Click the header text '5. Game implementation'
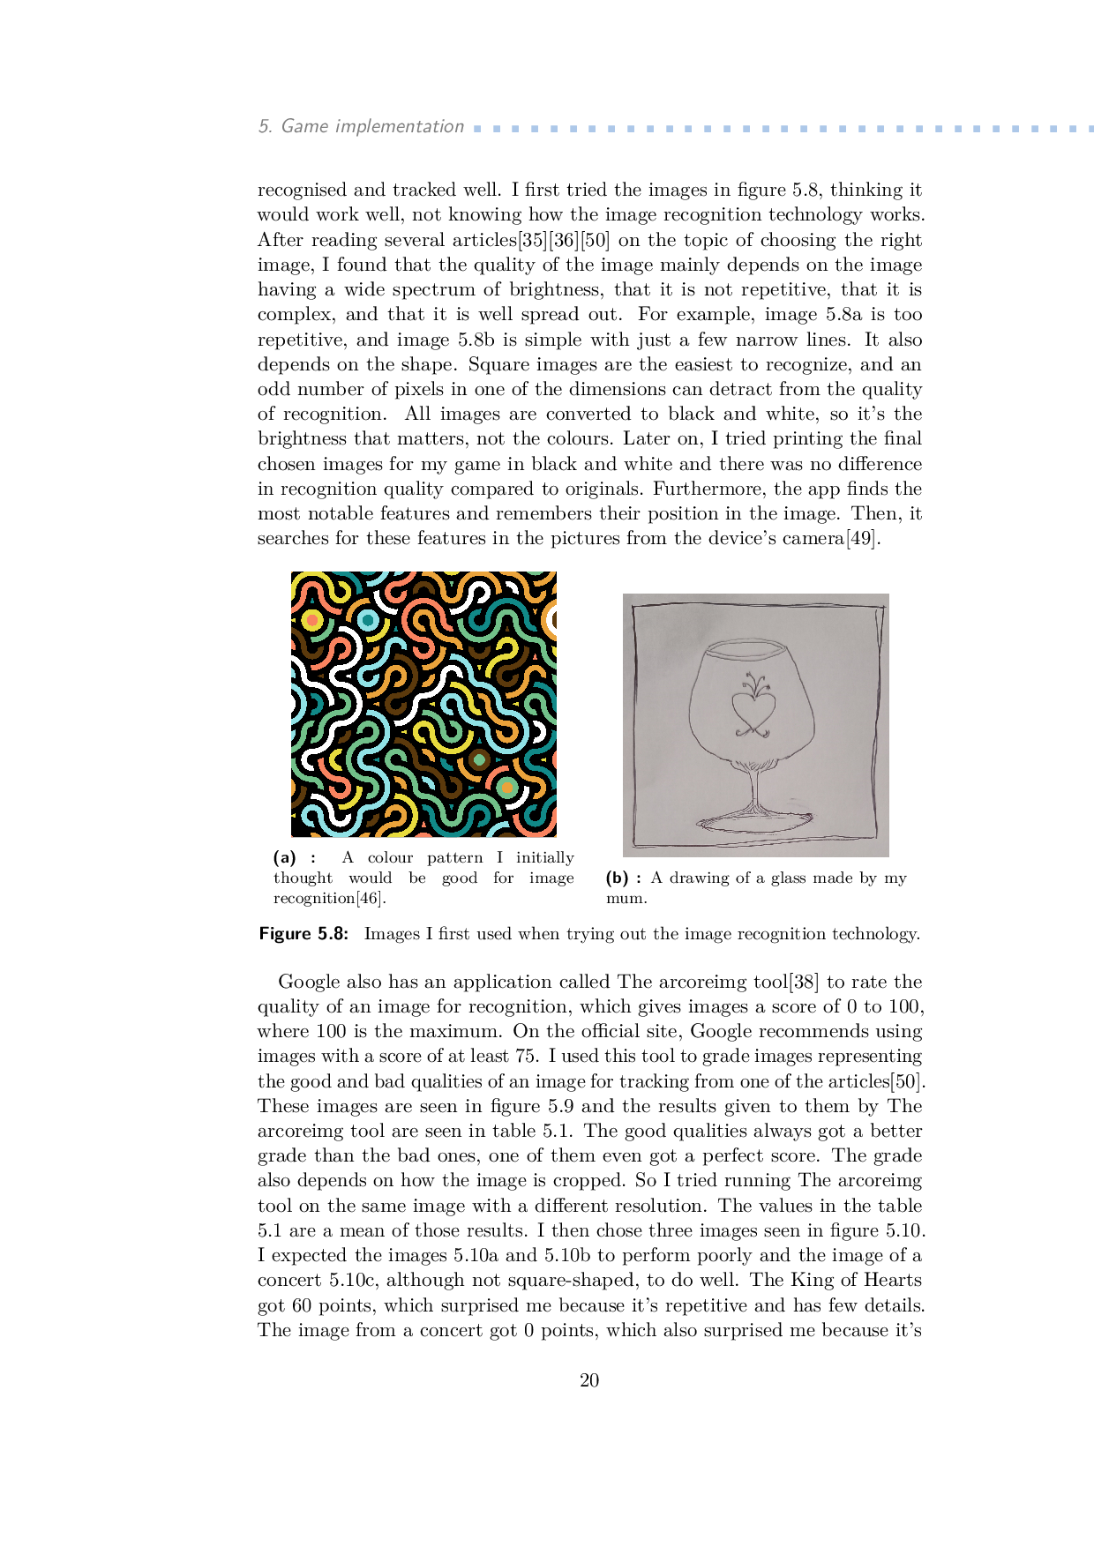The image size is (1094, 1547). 361,126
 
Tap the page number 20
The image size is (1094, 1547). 589,1380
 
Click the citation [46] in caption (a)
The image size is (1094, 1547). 371,898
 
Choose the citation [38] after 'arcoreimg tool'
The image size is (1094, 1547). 804,982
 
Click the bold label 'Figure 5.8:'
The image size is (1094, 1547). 303,934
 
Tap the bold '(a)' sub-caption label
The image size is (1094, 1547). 285,857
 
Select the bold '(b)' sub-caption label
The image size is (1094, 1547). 618,878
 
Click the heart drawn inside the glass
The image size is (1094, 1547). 753,710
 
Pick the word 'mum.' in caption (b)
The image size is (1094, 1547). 626,898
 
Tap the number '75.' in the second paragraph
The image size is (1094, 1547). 527,1056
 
